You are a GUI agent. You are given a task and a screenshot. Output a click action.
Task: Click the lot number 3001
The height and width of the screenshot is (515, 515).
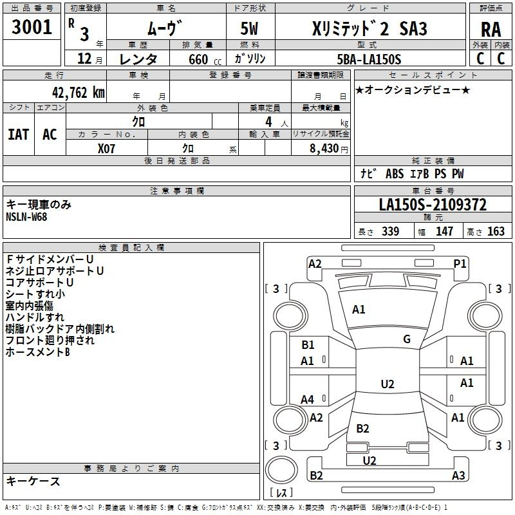coord(32,27)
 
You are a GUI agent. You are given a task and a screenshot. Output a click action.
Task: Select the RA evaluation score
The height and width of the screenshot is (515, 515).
coord(491,30)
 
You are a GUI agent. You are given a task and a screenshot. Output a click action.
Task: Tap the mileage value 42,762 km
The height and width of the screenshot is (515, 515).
coord(78,93)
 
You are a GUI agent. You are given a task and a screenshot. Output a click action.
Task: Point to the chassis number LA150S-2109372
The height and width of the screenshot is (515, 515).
coord(433,205)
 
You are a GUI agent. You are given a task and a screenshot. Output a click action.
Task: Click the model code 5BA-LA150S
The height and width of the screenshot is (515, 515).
coord(369,59)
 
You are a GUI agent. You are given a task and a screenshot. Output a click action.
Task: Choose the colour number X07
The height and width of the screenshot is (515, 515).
coord(106,149)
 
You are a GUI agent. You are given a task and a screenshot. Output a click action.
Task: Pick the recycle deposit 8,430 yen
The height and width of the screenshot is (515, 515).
coord(329,149)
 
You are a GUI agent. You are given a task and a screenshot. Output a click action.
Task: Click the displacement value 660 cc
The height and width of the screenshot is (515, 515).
coord(205,59)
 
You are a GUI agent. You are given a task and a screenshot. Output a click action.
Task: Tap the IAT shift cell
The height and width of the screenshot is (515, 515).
coord(19,135)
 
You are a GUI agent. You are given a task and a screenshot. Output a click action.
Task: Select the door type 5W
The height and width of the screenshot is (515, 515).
coord(249,28)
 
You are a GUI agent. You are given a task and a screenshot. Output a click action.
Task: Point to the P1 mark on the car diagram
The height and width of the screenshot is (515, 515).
coord(460,264)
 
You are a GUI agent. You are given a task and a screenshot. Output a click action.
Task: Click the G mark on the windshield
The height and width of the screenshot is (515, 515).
coord(407,339)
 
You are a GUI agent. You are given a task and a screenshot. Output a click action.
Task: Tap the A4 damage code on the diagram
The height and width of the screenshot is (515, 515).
coord(308,400)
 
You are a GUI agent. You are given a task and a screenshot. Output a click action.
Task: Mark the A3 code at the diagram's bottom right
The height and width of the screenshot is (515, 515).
coord(458,475)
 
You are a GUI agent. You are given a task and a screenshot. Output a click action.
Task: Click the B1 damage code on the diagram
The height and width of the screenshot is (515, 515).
coord(308,345)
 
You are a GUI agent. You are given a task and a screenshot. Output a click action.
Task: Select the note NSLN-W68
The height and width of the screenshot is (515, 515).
coord(26,217)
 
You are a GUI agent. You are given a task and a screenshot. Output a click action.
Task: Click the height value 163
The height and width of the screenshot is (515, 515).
coord(496,231)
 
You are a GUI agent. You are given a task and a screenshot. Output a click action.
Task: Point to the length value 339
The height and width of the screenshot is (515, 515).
coord(391,231)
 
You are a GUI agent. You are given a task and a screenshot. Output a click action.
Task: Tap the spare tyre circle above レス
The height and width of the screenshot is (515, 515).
coord(281,470)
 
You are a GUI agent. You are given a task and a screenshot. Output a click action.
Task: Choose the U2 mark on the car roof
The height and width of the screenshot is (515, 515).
coord(388,384)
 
